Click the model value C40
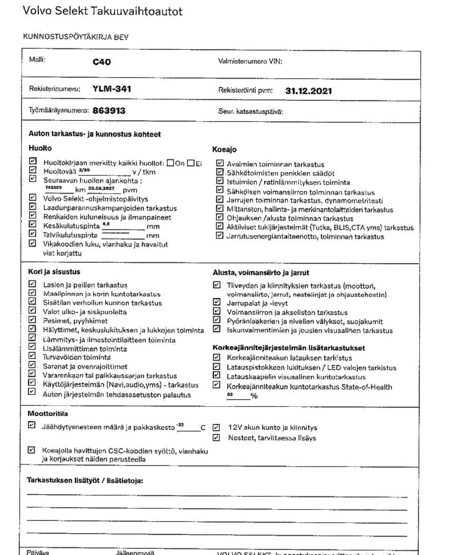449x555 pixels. pyautogui.click(x=102, y=62)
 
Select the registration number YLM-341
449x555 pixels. pyautogui.click(x=111, y=89)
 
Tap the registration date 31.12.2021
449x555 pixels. pyautogui.click(x=308, y=91)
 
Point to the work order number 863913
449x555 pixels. pyautogui.click(x=109, y=110)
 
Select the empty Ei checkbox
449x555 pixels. pyautogui.click(x=191, y=163)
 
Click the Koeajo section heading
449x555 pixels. pyautogui.click(x=224, y=150)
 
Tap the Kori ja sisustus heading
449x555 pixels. pyautogui.click(x=54, y=271)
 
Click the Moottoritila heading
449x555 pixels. pyautogui.click(x=48, y=413)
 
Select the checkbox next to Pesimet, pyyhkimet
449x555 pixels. pyautogui.click(x=32, y=321)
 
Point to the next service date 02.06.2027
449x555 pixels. pyautogui.click(x=100, y=188)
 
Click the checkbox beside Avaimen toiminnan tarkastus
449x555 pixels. pyautogui.click(x=220, y=164)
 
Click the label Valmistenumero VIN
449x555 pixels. pyautogui.click(x=251, y=62)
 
